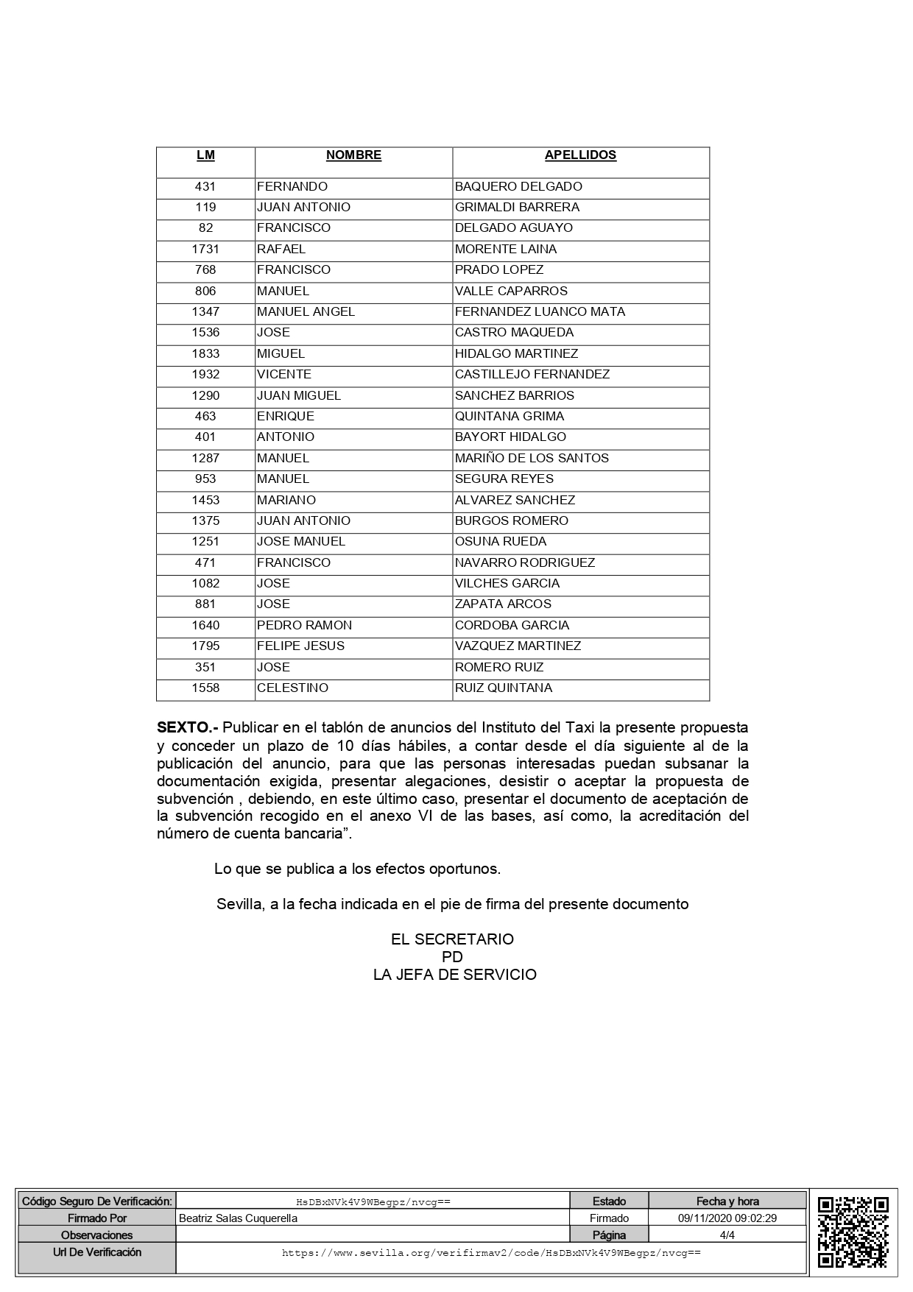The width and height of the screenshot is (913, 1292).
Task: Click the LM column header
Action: point(205,155)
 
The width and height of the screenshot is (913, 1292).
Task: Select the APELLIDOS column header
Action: point(580,155)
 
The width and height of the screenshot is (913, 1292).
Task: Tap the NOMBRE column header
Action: point(353,155)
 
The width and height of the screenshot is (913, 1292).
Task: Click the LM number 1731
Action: point(205,249)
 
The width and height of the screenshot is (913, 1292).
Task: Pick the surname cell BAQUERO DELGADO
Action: point(518,186)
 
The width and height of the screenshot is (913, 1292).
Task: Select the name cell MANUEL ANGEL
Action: point(306,311)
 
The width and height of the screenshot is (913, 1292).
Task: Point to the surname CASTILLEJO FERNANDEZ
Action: point(532,374)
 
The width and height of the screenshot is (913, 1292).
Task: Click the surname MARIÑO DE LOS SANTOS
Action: point(532,458)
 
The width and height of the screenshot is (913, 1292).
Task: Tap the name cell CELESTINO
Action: point(292,688)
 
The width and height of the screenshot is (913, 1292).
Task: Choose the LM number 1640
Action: point(205,625)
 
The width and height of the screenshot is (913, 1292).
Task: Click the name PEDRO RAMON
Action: point(304,625)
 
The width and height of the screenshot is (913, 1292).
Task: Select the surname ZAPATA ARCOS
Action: point(503,604)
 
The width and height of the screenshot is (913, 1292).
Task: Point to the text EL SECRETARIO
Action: point(452,939)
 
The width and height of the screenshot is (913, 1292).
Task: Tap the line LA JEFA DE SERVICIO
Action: point(454,975)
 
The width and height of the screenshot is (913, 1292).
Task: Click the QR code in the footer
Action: point(853,1232)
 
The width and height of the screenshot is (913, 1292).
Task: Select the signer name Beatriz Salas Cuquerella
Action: point(239,1218)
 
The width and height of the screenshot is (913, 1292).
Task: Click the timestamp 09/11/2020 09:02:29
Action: point(727,1218)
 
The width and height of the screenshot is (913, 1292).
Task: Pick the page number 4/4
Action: point(727,1235)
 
